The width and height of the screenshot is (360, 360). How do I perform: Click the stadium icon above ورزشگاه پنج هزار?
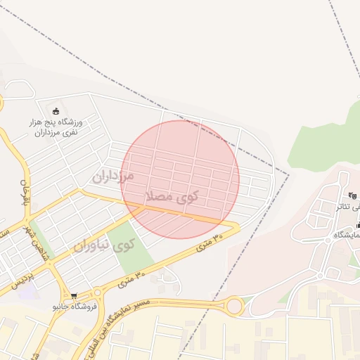[56, 110]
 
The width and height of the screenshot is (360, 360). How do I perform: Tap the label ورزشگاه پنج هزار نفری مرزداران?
[56, 127]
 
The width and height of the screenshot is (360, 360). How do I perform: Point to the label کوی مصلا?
[171, 196]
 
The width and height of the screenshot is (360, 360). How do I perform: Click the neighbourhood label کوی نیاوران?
[103, 246]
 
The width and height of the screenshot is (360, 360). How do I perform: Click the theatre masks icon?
[352, 195]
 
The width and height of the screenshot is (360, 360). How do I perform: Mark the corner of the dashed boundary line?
[288, 172]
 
